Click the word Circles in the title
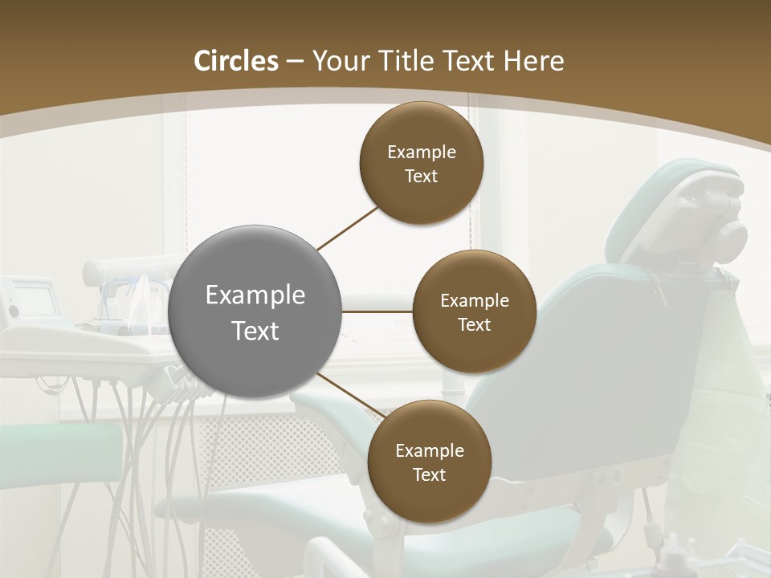(x=236, y=61)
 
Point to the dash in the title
(x=295, y=62)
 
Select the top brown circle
(x=421, y=163)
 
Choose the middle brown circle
(x=474, y=311)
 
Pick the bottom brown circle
(x=429, y=462)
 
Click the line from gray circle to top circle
(x=349, y=228)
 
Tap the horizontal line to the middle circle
(x=377, y=311)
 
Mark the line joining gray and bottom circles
(x=352, y=396)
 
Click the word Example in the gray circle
(x=255, y=295)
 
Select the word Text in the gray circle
(x=255, y=331)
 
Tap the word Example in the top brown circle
(x=421, y=152)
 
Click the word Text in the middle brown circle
(x=474, y=324)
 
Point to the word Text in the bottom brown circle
(x=429, y=474)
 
